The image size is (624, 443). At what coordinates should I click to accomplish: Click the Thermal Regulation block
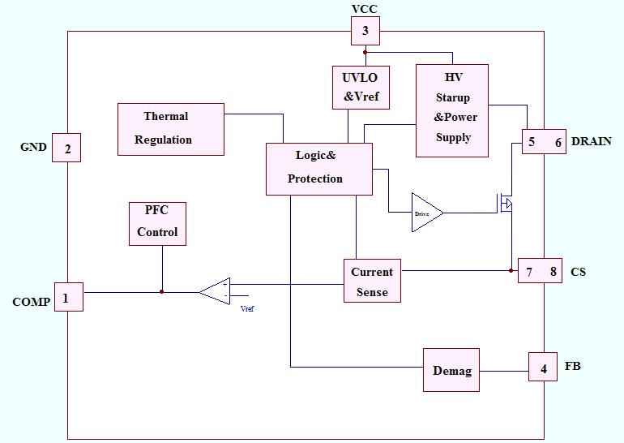click(170, 128)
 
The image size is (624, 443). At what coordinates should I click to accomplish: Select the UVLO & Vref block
click(361, 87)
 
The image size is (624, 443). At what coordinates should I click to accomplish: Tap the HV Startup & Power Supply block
click(451, 110)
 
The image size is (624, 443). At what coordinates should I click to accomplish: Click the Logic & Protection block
click(319, 168)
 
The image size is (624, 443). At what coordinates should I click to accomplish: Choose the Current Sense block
click(371, 281)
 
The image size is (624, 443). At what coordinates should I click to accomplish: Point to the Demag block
click(451, 369)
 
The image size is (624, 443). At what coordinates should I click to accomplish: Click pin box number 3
click(365, 32)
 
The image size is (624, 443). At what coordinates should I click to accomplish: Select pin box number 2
click(66, 148)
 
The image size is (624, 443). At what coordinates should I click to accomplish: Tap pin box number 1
click(68, 297)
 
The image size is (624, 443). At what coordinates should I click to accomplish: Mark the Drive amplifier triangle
click(426, 213)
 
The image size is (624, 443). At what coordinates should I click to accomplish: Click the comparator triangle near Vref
click(216, 290)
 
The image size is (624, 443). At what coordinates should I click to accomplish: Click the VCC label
click(364, 9)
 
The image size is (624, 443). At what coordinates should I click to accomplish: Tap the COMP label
click(31, 302)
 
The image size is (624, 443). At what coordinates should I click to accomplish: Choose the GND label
click(33, 148)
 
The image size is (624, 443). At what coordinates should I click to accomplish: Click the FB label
click(572, 367)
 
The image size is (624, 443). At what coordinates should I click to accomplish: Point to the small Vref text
click(247, 308)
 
